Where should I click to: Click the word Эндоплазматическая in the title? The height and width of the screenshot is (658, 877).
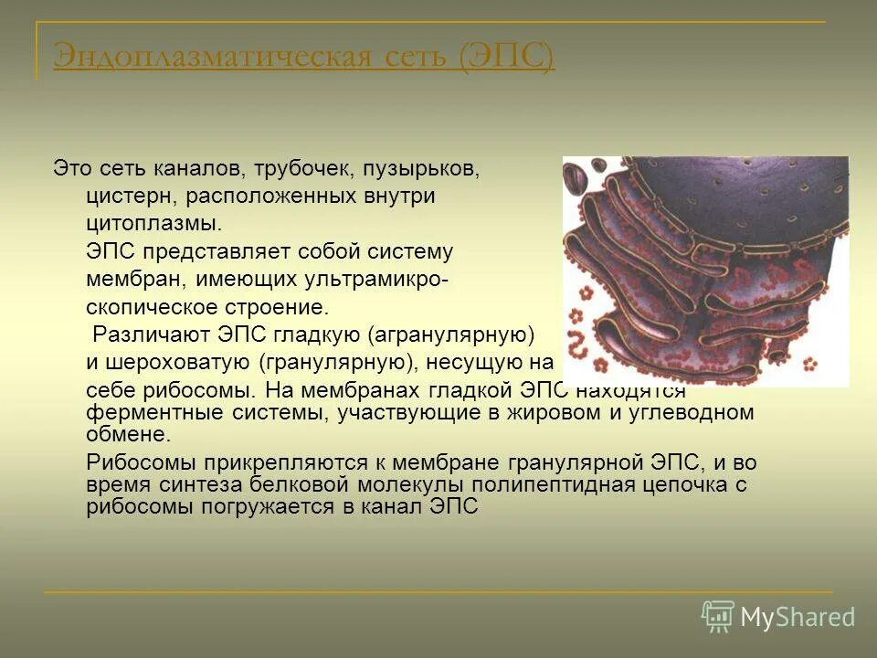point(209,56)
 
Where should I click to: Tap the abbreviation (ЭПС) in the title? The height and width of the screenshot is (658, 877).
point(506,56)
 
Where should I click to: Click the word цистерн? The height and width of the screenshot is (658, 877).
point(130,196)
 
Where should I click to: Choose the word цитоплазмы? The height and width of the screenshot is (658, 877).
point(153,224)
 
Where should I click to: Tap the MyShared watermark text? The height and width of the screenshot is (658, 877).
point(798,617)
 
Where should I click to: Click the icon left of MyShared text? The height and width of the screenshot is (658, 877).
point(718,617)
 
